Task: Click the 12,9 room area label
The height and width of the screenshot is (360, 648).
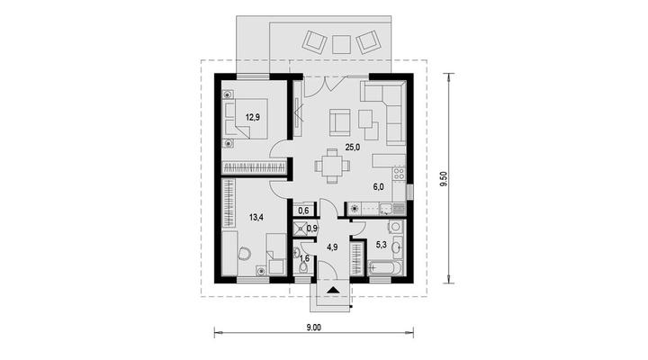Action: click(x=253, y=117)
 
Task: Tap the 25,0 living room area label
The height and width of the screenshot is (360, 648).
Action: click(x=353, y=147)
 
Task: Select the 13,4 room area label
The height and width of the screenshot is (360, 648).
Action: click(x=256, y=217)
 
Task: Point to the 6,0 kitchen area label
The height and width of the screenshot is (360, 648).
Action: click(x=379, y=187)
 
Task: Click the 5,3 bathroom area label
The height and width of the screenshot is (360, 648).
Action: click(x=381, y=244)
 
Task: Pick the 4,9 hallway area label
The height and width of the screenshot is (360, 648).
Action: click(x=333, y=247)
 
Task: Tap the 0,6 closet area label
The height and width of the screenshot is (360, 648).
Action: click(x=303, y=211)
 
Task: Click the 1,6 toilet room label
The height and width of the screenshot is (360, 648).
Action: click(x=304, y=258)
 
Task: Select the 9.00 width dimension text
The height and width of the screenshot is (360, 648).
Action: click(x=314, y=328)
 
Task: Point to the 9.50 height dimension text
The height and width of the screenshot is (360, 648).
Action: click(x=444, y=178)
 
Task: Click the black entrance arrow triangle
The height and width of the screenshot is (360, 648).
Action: click(x=333, y=290)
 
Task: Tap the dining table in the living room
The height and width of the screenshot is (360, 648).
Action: click(x=332, y=166)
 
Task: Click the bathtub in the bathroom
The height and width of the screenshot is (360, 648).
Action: click(x=385, y=268)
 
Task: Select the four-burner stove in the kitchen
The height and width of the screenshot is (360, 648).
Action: click(x=399, y=173)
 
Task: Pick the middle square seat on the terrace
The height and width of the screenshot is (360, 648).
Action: click(x=341, y=44)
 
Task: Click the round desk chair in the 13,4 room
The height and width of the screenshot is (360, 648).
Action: click(x=244, y=253)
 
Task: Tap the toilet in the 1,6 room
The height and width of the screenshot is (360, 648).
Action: click(x=303, y=267)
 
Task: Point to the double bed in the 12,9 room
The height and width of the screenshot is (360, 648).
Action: click(x=245, y=119)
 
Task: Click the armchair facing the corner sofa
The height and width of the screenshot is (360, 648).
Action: click(x=339, y=121)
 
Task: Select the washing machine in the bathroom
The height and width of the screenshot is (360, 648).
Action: click(x=395, y=227)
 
